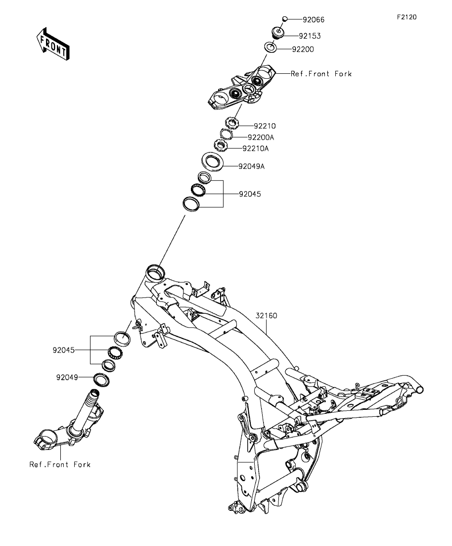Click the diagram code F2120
point(407,17)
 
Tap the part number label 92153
point(309,36)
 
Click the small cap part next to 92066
point(285,19)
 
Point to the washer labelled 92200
point(270,48)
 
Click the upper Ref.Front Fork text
point(321,74)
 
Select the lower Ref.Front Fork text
point(60,465)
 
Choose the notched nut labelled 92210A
point(220,146)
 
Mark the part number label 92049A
point(252,166)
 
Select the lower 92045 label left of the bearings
point(64,350)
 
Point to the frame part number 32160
point(267,315)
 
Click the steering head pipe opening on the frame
point(154,270)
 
